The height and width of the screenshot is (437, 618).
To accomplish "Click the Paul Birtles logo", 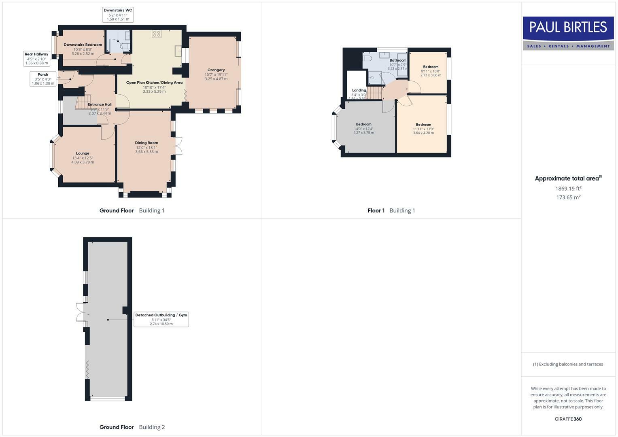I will tap(568, 33).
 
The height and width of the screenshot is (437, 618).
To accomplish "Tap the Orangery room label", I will tap(216, 70).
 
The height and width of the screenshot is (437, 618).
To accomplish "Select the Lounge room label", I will tap(83, 153).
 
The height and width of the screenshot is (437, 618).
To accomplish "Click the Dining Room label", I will tap(147, 143).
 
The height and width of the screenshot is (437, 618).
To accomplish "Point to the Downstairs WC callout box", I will tap(118, 15).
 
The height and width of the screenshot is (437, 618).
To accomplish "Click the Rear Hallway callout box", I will tap(36, 59).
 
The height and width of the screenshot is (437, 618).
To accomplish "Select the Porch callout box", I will tap(43, 79).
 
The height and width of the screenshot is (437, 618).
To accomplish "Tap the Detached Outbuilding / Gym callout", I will tap(161, 319).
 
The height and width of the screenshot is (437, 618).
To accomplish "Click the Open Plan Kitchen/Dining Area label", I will tap(154, 83).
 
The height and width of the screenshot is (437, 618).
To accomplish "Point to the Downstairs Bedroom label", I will tap(83, 45).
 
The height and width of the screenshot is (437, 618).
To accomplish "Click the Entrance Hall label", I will tap(100, 104).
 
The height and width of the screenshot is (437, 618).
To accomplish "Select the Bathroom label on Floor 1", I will tap(398, 60).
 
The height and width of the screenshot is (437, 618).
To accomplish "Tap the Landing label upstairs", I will tap(359, 90).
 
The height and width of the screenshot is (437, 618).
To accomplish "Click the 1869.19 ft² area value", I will tap(568, 189).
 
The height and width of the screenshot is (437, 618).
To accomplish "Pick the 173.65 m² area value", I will tap(568, 197).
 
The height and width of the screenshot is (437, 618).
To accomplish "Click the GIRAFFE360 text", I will tap(568, 419).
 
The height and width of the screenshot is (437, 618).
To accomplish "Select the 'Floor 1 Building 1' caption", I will tap(391, 210).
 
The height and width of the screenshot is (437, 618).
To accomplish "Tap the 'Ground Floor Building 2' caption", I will tap(132, 427).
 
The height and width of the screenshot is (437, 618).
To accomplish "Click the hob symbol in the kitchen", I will tap(157, 34).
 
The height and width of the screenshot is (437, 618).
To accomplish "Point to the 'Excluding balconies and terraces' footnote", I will tap(568, 364).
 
